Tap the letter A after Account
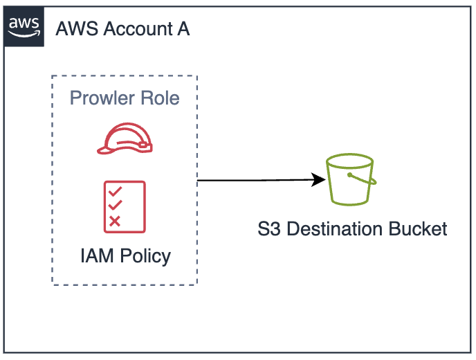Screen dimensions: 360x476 coord(183,29)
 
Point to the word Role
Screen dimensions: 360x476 coord(161,98)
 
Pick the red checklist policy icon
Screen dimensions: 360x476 coord(124,206)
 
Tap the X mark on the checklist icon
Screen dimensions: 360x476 coord(116,221)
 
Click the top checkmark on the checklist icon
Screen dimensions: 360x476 coord(116,191)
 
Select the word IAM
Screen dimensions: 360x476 coord(96,255)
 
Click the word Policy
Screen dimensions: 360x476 coord(145,255)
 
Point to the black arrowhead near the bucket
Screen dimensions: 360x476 coord(320,180)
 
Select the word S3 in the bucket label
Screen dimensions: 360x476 coord(268,229)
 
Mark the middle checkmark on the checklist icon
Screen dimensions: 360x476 coord(116,206)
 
